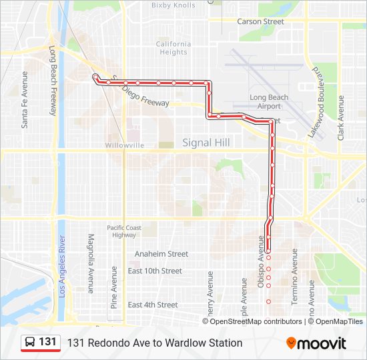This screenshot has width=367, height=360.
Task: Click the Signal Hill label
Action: point(206,143)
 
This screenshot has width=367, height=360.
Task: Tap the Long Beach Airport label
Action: point(269,102)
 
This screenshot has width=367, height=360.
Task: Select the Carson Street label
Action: point(260,21)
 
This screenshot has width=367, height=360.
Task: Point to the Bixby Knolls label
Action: point(173,5)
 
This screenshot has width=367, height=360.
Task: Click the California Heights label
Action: point(173,48)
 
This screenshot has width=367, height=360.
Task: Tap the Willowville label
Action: point(125,145)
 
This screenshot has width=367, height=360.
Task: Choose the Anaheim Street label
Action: point(161,254)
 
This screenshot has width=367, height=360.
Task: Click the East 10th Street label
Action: point(155,271)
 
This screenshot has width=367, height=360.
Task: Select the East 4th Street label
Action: point(153,305)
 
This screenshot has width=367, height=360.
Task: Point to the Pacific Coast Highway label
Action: point(125,231)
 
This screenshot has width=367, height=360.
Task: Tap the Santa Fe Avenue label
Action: point(25,99)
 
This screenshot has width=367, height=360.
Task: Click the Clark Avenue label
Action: point(341,117)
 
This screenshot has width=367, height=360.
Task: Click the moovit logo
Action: point(316,343)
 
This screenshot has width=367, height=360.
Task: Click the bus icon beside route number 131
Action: point(30,343)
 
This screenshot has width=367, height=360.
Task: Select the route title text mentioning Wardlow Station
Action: point(155,343)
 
